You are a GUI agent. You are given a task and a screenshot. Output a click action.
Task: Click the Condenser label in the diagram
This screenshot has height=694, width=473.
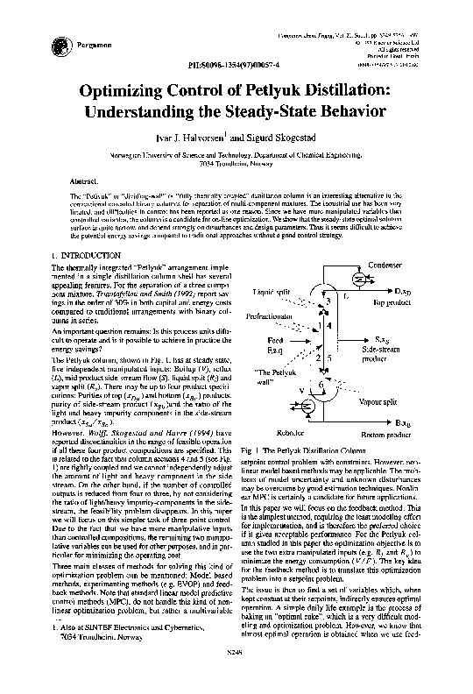coord(385,265)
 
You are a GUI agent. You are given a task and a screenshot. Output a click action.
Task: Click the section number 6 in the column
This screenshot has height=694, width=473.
coord(321,385)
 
